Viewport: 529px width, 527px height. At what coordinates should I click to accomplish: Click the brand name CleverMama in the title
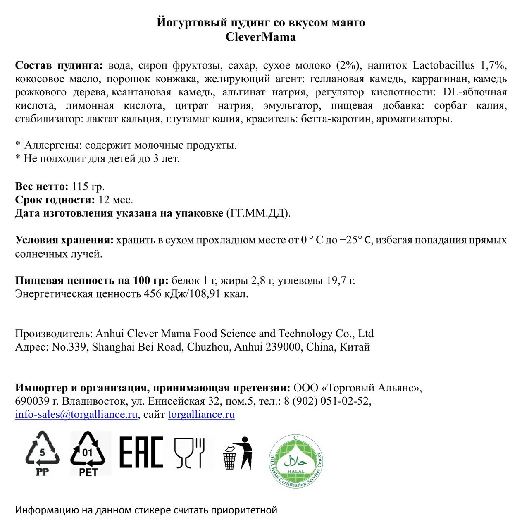pyautogui.click(x=260, y=37)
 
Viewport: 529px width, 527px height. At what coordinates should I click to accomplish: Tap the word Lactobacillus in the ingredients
pyautogui.click(x=443, y=65)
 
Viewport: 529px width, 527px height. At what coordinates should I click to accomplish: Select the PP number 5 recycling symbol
pyautogui.click(x=42, y=453)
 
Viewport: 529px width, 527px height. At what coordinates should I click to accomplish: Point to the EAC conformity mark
pyautogui.click(x=141, y=452)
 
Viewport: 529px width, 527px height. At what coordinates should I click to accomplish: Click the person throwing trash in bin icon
pyautogui.click(x=238, y=453)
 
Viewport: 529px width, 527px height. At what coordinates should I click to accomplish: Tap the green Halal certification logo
pyautogui.click(x=295, y=460)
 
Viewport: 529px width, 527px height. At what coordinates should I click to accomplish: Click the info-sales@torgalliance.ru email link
pyautogui.click(x=76, y=415)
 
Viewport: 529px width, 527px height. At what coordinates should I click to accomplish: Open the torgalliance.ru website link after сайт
pyautogui.click(x=201, y=415)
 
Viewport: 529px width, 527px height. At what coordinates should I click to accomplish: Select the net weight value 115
pyautogui.click(x=80, y=186)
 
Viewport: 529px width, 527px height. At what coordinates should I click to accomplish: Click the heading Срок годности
pyautogui.click(x=55, y=200)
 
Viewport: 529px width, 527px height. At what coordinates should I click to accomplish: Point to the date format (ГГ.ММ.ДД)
pyautogui.click(x=258, y=213)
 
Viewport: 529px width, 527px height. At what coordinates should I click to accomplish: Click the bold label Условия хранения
pyautogui.click(x=64, y=240)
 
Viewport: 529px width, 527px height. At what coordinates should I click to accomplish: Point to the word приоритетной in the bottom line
pyautogui.click(x=244, y=510)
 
